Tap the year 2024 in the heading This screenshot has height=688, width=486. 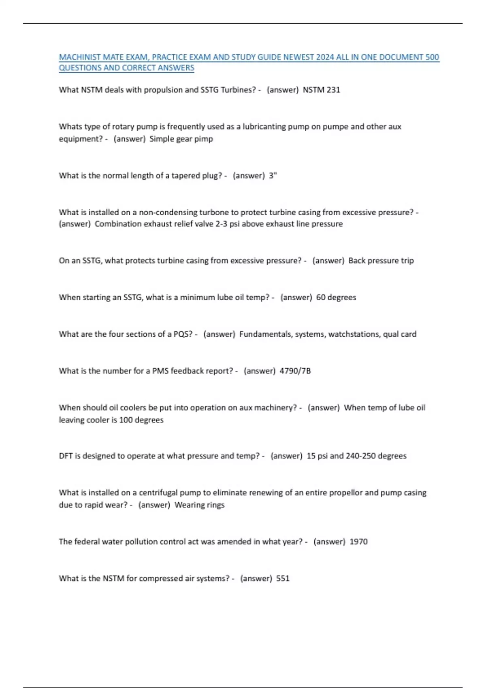(325, 57)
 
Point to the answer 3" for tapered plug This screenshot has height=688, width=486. (273, 176)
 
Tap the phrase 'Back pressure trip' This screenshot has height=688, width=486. (381, 261)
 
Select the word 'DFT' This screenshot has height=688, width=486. (65, 456)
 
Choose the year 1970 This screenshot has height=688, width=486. (358, 542)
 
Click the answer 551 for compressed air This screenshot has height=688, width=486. (283, 579)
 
